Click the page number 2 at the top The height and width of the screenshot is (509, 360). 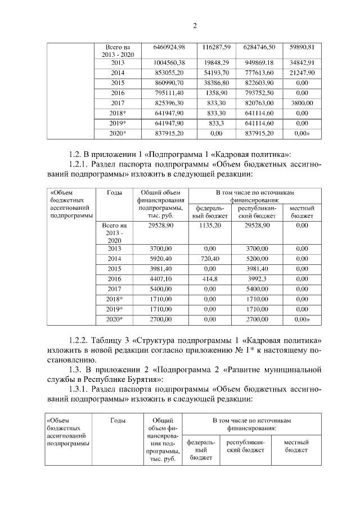coord(194,25)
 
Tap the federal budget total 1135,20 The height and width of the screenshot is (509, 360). coord(210,226)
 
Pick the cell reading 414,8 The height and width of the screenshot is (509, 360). coord(210,278)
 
